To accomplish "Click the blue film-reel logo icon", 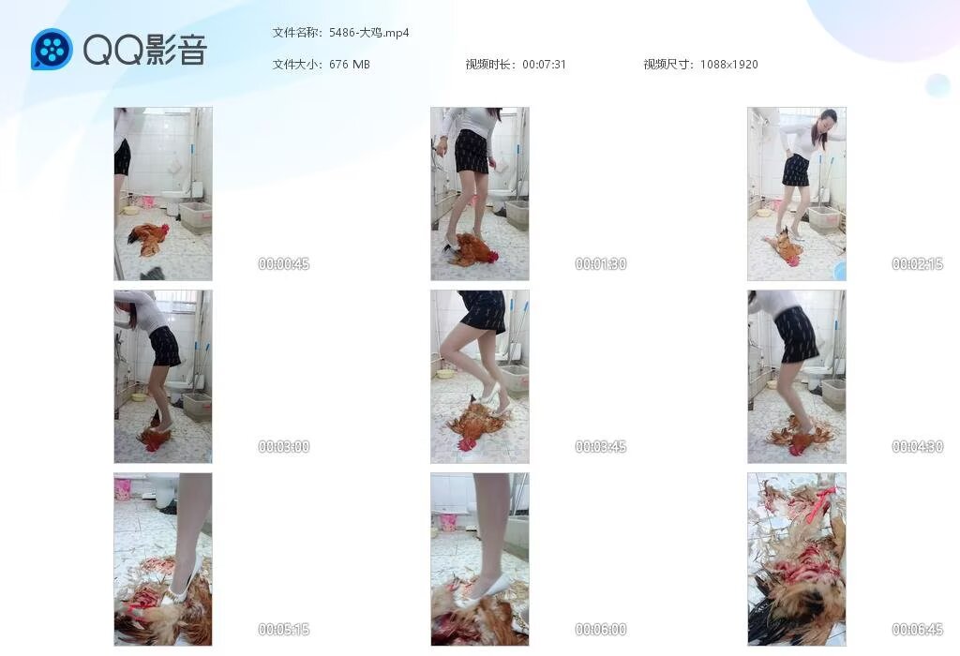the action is [x=52, y=50].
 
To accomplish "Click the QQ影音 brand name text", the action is [x=145, y=50].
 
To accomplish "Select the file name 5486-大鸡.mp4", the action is [x=368, y=33].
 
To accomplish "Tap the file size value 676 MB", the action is [x=349, y=65].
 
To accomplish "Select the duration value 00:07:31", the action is [x=544, y=65].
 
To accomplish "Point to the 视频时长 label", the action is [x=488, y=65].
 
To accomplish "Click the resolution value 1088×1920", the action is [x=728, y=65].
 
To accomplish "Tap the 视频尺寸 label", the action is [x=667, y=65].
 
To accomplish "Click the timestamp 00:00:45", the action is [x=283, y=263].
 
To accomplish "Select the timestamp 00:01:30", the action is [x=601, y=263].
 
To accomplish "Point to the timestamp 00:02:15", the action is [x=917, y=263].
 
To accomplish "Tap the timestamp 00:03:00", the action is [x=283, y=447].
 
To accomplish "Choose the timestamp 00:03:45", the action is [x=601, y=447].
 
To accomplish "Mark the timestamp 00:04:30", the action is [x=917, y=447].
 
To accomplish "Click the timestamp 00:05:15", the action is [x=283, y=629].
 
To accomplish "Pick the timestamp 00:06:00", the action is [x=601, y=629].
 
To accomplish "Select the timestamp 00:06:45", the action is [x=917, y=629].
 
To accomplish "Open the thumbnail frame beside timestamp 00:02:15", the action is [x=797, y=194].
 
